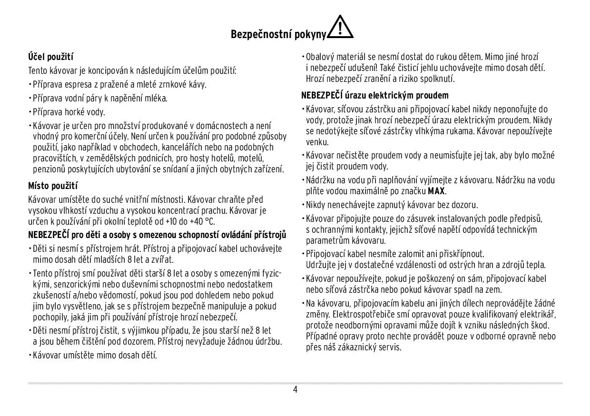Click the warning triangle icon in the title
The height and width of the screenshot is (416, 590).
click(x=340, y=28)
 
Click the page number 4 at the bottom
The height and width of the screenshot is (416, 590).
click(x=295, y=390)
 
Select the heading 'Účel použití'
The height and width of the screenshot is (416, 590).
click(x=50, y=57)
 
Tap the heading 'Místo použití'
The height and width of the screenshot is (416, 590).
click(x=53, y=186)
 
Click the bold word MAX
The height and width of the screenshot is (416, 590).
click(x=436, y=191)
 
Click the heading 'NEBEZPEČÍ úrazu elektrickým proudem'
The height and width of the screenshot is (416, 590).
click(x=375, y=95)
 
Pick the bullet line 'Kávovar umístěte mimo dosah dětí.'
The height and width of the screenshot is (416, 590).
click(x=95, y=355)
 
